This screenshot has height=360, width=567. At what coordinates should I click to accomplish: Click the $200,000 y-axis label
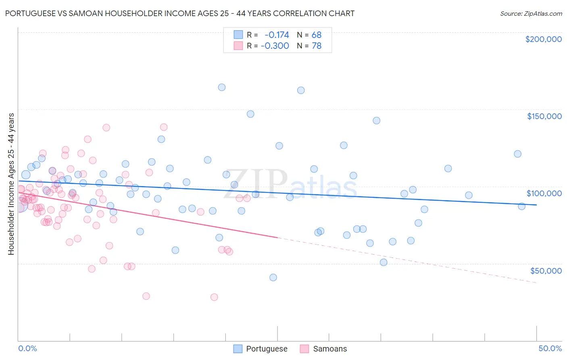[x=543, y=39]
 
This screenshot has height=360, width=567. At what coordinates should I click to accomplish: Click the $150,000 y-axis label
[x=544, y=116]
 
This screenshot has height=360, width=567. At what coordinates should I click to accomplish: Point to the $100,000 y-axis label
[x=544, y=193]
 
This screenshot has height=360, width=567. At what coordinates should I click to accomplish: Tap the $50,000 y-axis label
[x=546, y=270]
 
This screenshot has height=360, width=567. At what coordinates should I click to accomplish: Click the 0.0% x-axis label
[x=27, y=348]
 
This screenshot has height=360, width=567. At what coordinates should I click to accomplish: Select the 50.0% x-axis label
[x=550, y=348]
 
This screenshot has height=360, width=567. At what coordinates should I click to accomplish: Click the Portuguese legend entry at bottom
[x=267, y=349]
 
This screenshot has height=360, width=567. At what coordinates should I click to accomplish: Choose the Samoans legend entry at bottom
[x=329, y=349]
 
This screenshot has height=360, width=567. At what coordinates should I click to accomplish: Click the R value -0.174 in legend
[x=277, y=35]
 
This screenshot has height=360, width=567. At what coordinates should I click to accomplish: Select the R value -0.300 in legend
[x=275, y=46]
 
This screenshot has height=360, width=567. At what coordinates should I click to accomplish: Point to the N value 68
[x=316, y=35]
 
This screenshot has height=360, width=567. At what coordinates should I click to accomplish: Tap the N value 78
[x=316, y=46]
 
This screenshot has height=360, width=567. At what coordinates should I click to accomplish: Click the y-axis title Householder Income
[x=11, y=184]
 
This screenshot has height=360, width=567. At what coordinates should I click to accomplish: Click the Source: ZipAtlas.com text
[x=531, y=13]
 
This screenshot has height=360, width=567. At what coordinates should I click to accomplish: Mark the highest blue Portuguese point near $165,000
[x=222, y=87]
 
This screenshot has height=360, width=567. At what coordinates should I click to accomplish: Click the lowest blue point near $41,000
[x=273, y=277]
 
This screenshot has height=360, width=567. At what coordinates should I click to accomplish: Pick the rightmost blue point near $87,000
[x=521, y=206]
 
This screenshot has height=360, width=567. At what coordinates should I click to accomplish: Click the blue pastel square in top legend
[x=238, y=35]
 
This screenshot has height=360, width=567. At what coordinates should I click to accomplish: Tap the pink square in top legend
[x=238, y=46]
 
